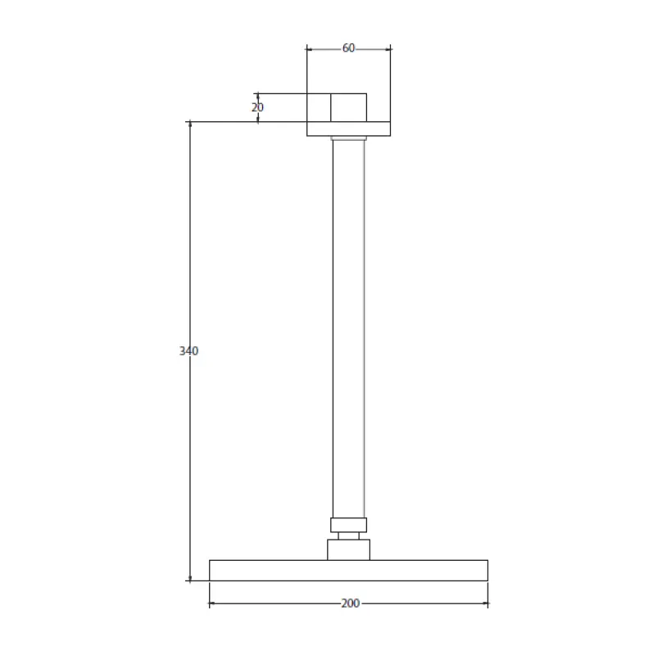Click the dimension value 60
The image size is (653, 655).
coord(348,48)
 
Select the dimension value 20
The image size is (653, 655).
coord(257,107)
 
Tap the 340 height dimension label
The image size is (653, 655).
coord(188,351)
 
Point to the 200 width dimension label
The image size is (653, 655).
coord(350,603)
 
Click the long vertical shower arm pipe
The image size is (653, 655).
coord(348,327)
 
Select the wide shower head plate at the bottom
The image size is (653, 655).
coord(348,570)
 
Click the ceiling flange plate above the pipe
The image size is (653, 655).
coord(348,129)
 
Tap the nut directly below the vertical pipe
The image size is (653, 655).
coord(348,525)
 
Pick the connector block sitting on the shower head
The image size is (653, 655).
coord(348,549)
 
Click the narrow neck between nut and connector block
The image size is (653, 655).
coord(348,535)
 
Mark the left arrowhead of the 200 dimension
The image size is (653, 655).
coord(212,604)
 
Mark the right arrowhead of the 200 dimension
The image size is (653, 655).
coord(485,604)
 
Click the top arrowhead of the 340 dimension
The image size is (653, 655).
coord(190,125)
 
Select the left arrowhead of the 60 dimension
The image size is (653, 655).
coord(310,49)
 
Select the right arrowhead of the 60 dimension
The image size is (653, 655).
coord(388,49)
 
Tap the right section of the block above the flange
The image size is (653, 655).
coord(348,107)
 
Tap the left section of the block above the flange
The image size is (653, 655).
coord(319,107)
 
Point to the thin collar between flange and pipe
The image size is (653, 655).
coord(348,138)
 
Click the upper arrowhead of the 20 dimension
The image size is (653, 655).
coord(257,96)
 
